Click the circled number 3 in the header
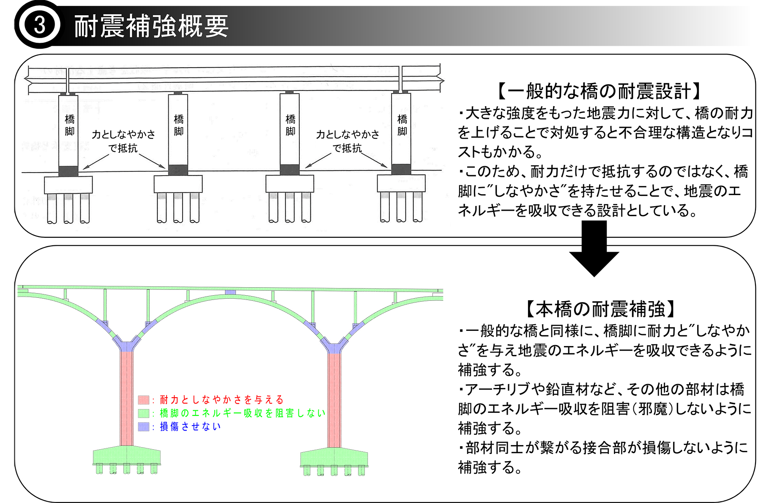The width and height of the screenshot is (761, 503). click(x=39, y=25)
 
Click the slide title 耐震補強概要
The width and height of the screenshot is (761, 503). click(x=151, y=26)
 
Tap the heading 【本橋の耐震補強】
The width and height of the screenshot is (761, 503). click(x=600, y=309)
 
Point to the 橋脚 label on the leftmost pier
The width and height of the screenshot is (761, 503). click(x=69, y=125)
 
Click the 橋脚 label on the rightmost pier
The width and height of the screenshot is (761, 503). click(x=402, y=125)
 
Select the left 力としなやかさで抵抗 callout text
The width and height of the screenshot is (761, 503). click(x=123, y=141)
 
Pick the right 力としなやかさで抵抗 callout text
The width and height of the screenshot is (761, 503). click(x=348, y=141)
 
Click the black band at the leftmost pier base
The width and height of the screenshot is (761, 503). click(x=68, y=171)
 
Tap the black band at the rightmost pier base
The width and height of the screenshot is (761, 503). click(x=401, y=169)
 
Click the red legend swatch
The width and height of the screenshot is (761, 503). click(x=143, y=400)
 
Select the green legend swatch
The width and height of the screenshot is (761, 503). click(x=143, y=413)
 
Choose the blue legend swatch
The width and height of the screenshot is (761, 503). click(x=143, y=426)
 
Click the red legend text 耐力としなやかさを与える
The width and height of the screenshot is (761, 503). click(x=222, y=400)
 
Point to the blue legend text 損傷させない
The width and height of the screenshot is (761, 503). click(x=190, y=426)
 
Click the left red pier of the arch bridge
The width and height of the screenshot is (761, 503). click(x=126, y=398)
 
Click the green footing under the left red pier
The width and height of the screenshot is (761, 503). click(x=126, y=456)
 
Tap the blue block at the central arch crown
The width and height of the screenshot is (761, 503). click(x=230, y=292)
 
